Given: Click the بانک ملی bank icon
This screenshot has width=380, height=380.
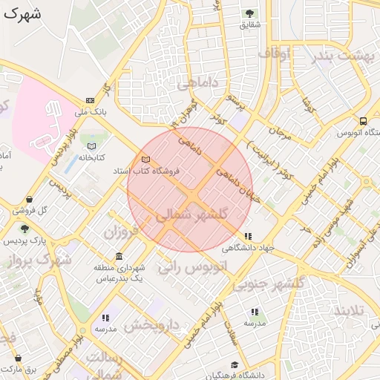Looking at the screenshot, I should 90,100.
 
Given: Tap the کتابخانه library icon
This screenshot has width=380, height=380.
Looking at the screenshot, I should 92,146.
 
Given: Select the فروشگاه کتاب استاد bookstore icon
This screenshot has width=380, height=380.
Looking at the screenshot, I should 145,160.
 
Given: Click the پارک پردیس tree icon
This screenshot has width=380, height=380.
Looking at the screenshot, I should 25,229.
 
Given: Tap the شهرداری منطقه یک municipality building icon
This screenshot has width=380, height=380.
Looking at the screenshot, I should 119,256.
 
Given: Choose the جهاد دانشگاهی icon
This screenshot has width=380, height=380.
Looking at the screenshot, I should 247,236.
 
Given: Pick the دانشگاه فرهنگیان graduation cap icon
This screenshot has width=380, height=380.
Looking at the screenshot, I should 235,364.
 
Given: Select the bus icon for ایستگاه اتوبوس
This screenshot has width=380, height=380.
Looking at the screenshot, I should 363,121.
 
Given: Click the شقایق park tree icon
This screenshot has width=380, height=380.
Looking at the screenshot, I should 249,13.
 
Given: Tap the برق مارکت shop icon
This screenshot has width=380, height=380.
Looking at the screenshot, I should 17,358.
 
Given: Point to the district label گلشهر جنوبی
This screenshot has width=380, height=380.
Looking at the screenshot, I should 277,284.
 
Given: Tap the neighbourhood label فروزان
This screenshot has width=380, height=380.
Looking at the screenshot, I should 121,232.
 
